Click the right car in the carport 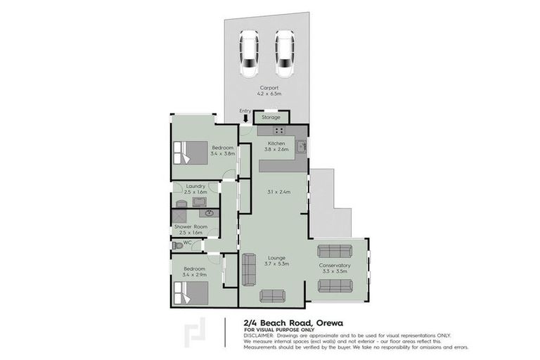click(283, 55)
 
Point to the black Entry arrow click(245, 118)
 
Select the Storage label click(271, 117)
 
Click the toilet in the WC click(176, 245)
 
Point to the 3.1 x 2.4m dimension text click(279, 191)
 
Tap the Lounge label click(275, 257)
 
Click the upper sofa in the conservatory click(334, 251)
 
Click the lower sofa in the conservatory click(335, 284)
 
